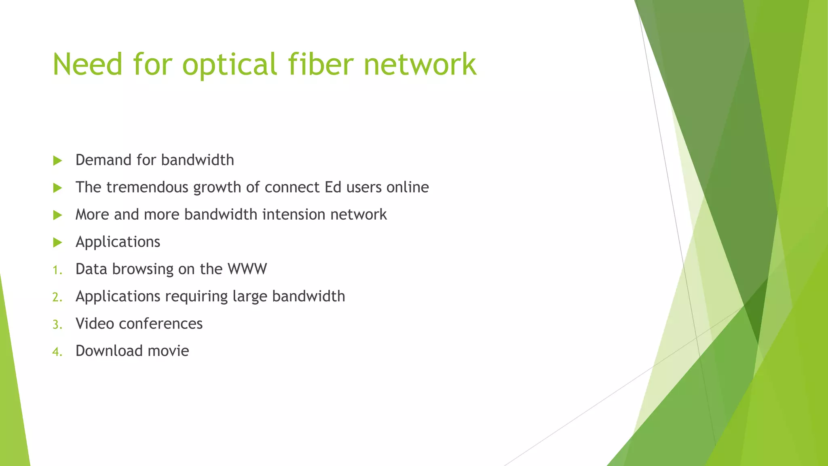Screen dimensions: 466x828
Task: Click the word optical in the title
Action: coord(230,65)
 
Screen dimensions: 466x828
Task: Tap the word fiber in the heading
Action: coord(321,64)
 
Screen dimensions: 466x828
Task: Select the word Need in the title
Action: coord(87,64)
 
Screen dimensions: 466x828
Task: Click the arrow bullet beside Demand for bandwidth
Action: coord(57,161)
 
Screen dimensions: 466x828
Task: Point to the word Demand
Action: coord(103,160)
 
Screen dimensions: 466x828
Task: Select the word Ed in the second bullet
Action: coord(333,187)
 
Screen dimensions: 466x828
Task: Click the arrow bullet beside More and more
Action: coord(57,215)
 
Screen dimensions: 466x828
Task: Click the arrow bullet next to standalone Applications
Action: coord(57,242)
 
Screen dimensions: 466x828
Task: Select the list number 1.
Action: coord(57,270)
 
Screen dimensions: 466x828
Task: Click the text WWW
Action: coord(247,269)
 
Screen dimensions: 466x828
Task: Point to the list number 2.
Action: coord(57,297)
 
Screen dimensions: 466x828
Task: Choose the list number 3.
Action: coord(57,324)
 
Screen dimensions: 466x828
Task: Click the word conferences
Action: coord(161,324)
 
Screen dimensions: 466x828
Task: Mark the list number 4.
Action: coord(57,352)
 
